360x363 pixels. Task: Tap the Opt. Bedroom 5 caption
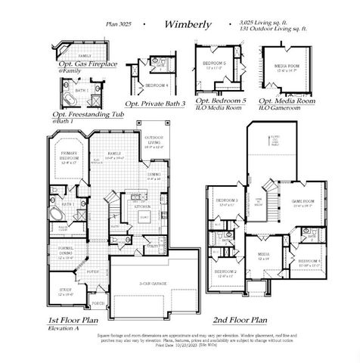pos(221,99)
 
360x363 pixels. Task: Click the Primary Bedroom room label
pos(69,156)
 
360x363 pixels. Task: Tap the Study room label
pos(65,290)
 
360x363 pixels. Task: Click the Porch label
pos(97,302)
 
